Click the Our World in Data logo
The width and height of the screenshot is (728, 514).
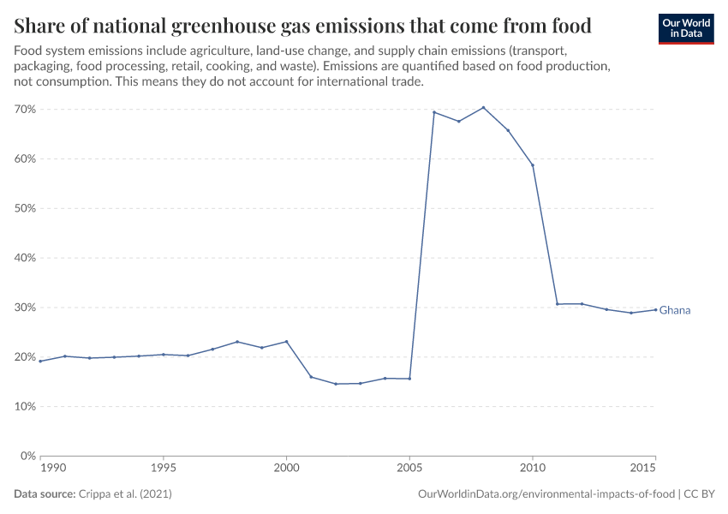click(x=686, y=29)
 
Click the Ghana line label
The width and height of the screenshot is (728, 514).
click(x=675, y=310)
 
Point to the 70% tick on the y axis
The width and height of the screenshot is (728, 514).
click(x=24, y=110)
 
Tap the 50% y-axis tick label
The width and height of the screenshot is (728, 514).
click(x=24, y=209)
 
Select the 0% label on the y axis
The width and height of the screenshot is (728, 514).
click(x=27, y=457)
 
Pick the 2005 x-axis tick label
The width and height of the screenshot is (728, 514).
click(x=409, y=469)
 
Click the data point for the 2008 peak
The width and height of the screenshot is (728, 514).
click(x=483, y=107)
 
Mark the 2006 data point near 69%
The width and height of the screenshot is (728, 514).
click(x=434, y=112)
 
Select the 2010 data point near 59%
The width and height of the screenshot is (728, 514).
click(x=533, y=165)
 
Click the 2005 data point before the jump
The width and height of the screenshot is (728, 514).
click(x=409, y=379)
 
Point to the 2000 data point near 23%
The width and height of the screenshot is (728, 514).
click(x=286, y=341)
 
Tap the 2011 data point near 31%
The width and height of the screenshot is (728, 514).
click(x=557, y=304)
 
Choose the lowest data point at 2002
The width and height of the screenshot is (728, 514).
click(x=336, y=384)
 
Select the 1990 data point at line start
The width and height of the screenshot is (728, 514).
click(x=40, y=361)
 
